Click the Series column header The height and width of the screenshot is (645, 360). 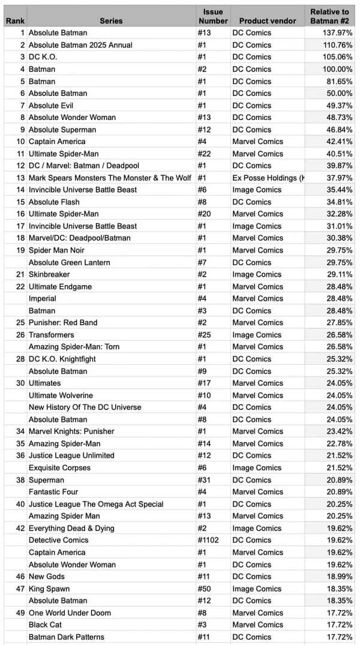(111, 20)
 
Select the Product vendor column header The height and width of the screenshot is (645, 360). (264, 20)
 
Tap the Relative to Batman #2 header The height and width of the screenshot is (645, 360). (329, 16)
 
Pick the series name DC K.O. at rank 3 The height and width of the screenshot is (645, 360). (43, 57)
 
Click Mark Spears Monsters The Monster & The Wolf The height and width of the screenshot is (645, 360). (110, 178)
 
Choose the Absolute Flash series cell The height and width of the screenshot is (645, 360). (55, 202)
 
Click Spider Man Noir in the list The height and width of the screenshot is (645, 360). (56, 250)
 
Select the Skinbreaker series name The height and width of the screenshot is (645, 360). (50, 274)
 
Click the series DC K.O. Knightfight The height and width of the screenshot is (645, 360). (62, 359)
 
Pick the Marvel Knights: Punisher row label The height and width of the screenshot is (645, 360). (71, 431)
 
